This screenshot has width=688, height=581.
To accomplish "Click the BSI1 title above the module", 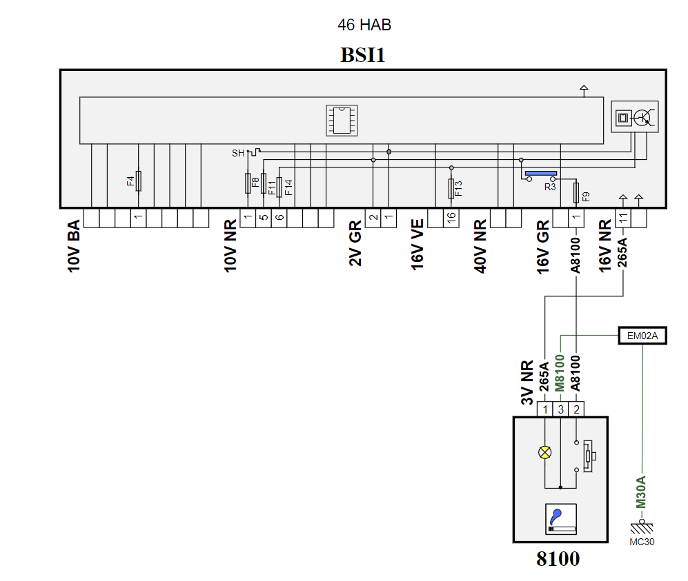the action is pyautogui.click(x=362, y=55).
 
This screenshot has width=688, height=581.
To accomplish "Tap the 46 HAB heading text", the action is pyautogui.click(x=364, y=25).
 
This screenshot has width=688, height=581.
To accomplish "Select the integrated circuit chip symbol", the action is pyautogui.click(x=342, y=121).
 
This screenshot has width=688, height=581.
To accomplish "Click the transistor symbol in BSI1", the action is pyautogui.click(x=643, y=117).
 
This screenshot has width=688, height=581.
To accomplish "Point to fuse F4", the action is pyautogui.click(x=138, y=181).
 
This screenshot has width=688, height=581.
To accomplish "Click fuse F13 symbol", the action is pyautogui.click(x=451, y=188).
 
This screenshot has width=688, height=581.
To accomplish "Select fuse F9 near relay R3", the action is pyautogui.click(x=576, y=193).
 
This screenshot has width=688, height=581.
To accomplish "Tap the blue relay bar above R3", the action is pyautogui.click(x=541, y=174).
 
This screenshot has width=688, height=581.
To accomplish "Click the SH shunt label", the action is pyautogui.click(x=238, y=154).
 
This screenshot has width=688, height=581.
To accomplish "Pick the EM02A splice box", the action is pyautogui.click(x=642, y=336).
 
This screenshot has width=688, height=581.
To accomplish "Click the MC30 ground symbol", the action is pyautogui.click(x=642, y=527).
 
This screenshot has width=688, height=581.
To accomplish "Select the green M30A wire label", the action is pyautogui.click(x=642, y=492).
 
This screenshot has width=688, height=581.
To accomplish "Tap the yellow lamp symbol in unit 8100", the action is pyautogui.click(x=545, y=452).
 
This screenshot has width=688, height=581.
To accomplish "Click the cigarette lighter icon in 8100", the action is pyautogui.click(x=561, y=519).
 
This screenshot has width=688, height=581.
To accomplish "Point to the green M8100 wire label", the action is pyautogui.click(x=560, y=373).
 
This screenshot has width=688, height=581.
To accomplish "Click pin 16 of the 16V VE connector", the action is pyautogui.click(x=451, y=218).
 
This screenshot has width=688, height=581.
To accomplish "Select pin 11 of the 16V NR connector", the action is pyautogui.click(x=623, y=218).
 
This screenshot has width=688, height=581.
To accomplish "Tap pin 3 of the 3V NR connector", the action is pyautogui.click(x=561, y=409).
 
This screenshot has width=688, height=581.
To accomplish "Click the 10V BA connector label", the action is pyautogui.click(x=74, y=246).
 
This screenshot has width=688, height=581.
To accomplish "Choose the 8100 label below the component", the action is pyautogui.click(x=558, y=559).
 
